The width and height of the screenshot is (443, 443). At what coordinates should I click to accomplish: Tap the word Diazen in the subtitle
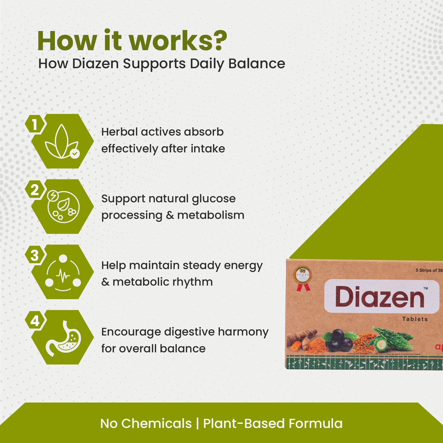pyautogui.click(x=95, y=64)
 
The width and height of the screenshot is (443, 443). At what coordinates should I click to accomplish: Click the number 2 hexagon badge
pyautogui.click(x=35, y=190)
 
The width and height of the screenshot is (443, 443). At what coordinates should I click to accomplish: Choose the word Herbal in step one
pyautogui.click(x=119, y=132)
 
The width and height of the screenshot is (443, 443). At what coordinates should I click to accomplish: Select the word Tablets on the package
pyautogui.click(x=415, y=319)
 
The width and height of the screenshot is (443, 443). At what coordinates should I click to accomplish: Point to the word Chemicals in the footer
pyautogui.click(x=156, y=424)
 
